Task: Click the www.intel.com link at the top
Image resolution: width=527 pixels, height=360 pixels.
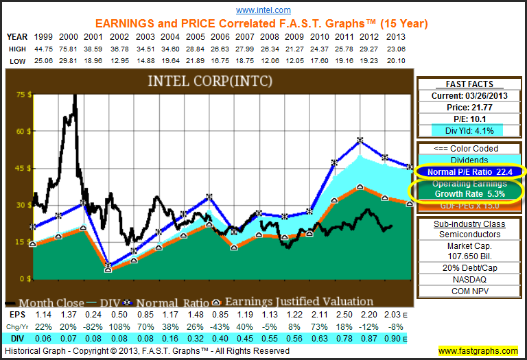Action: coord(263,10)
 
